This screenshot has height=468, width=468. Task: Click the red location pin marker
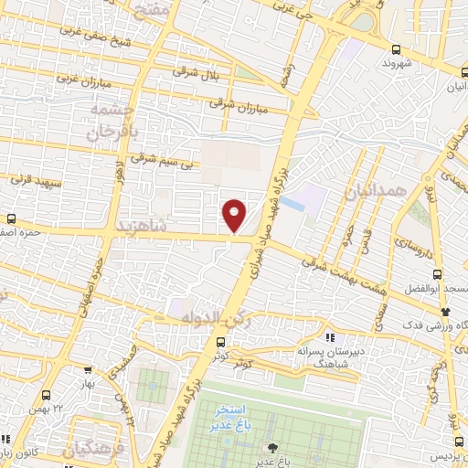pyautogui.click(x=236, y=215)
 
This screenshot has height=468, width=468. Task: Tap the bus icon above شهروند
pyautogui.click(x=395, y=50)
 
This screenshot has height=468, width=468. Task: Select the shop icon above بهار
pyautogui.click(x=88, y=371)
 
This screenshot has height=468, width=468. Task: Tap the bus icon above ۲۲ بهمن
pyautogui.click(x=48, y=395)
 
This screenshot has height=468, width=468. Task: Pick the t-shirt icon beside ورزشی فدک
pyautogui.click(x=444, y=313)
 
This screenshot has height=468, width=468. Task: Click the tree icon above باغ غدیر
pyautogui.click(x=271, y=447)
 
